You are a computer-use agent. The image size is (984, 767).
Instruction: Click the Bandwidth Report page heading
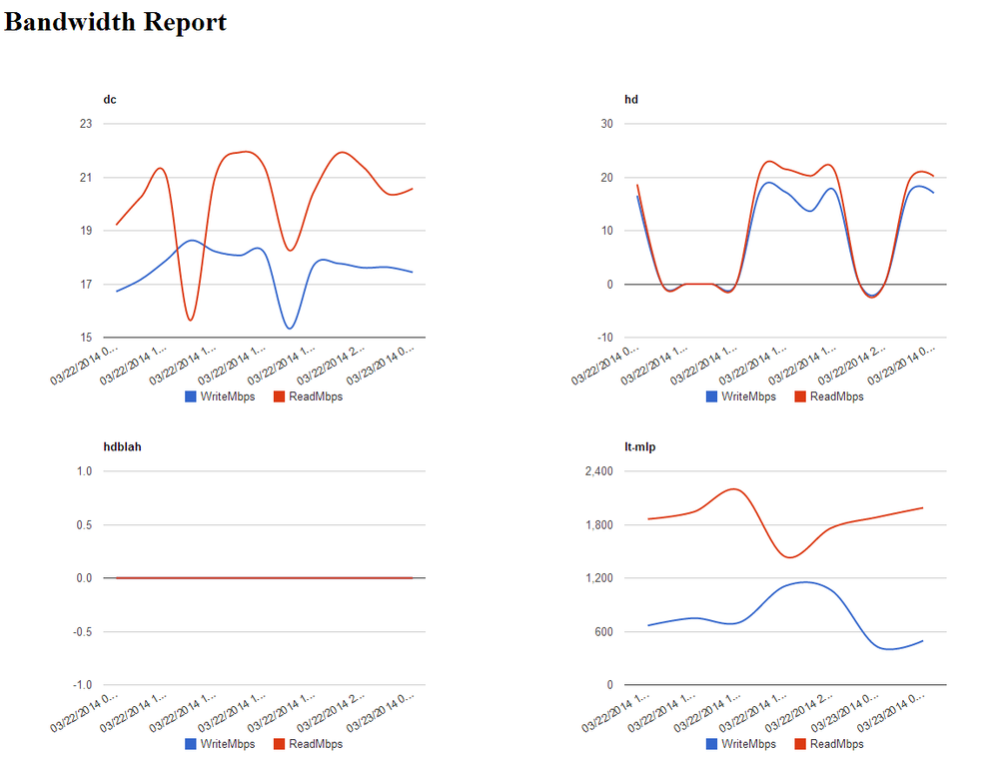coord(115,22)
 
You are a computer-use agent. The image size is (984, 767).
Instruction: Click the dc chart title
coord(110,99)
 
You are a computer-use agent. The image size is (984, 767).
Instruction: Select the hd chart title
coord(630,99)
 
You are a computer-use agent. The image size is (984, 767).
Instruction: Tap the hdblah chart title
coord(122,446)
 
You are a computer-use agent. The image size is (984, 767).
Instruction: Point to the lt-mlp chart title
coord(639,446)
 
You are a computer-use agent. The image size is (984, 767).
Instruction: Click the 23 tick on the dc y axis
coord(85,124)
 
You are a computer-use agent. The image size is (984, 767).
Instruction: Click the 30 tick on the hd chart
coord(605,124)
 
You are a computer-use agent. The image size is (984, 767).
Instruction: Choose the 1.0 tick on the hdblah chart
coord(83,471)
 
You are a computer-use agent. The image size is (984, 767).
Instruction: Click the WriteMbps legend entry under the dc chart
coord(219,396)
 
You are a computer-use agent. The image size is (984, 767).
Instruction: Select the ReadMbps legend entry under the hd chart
coord(828,396)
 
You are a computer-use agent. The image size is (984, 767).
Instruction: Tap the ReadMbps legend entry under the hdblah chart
coord(308,744)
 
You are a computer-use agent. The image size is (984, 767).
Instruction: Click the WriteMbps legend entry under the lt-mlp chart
coord(740,744)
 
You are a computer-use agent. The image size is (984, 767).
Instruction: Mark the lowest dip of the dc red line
coord(190,320)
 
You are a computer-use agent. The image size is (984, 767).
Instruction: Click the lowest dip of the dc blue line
coord(289,328)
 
